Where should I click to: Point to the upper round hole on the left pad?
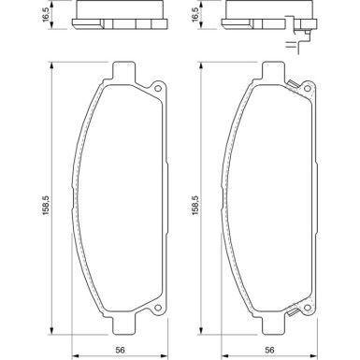click(x=158, y=91)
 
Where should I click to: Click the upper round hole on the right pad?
click(x=309, y=91)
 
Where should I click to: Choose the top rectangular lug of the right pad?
click(x=271, y=71)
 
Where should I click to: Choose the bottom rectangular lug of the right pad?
click(x=271, y=325)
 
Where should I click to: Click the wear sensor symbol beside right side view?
click(x=306, y=41)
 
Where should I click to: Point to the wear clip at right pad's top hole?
click(x=297, y=87)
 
